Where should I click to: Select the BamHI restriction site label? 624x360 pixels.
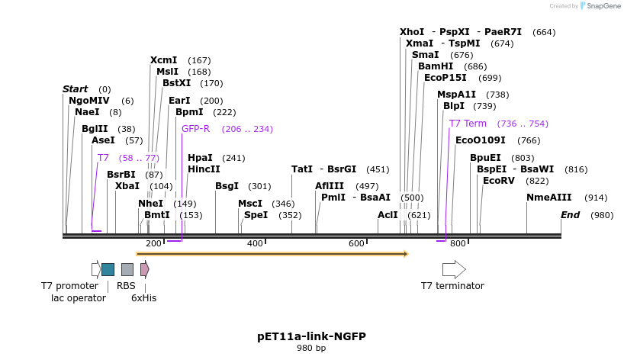click(x=436, y=66)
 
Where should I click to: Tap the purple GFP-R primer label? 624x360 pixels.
click(x=195, y=129)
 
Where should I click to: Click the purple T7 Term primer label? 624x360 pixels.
click(x=468, y=124)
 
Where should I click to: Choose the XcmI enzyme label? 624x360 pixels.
click(x=163, y=60)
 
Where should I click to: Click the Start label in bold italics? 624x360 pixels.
click(x=75, y=89)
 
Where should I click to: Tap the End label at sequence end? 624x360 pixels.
click(x=571, y=215)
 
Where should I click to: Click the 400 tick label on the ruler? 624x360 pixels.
click(x=255, y=243)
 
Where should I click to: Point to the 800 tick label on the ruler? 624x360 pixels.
click(x=458, y=243)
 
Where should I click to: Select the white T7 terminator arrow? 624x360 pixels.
click(x=454, y=269)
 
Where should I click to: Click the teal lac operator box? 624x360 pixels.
click(x=108, y=269)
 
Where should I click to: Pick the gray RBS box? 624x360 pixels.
click(x=127, y=269)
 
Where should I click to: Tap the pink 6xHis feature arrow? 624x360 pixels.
click(x=144, y=269)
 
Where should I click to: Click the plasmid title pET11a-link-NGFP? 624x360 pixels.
click(x=311, y=336)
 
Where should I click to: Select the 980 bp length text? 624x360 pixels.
click(x=311, y=349)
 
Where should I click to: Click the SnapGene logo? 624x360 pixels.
click(x=600, y=6)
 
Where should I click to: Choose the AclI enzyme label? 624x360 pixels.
click(x=388, y=215)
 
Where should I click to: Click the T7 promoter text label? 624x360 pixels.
click(x=69, y=286)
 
